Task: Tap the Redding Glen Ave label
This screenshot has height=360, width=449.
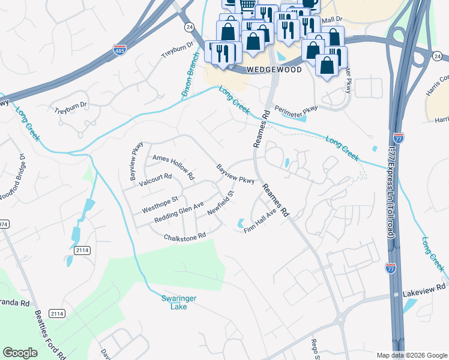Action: click(x=179, y=214)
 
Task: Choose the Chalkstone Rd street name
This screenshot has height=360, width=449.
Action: click(x=185, y=236)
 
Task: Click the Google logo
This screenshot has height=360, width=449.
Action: click(x=20, y=353)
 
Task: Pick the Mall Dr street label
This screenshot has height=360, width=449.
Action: click(x=331, y=20)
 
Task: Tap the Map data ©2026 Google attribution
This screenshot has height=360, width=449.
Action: click(x=411, y=355)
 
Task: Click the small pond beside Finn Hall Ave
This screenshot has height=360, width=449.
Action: click(x=241, y=223)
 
